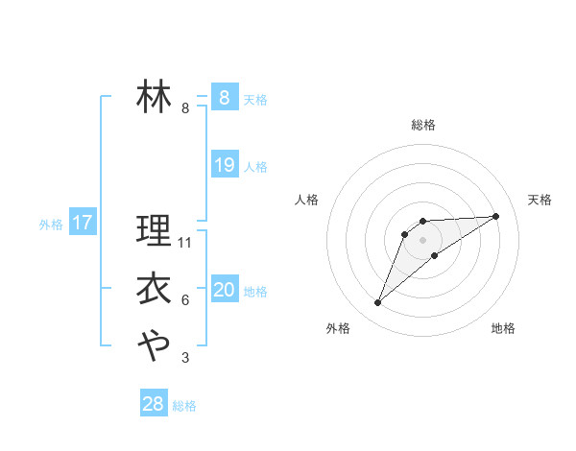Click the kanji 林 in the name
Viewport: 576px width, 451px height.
coord(154,96)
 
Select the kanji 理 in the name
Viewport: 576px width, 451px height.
coord(154,230)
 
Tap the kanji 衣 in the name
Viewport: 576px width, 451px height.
coord(154,288)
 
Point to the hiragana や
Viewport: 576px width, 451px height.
coord(154,344)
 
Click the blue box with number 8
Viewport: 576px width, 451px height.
coord(224,97)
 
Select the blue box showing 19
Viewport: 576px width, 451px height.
coord(224,165)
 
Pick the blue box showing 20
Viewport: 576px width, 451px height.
coord(224,290)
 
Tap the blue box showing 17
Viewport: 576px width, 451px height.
coord(82,224)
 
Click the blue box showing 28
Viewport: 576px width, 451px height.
coord(153,404)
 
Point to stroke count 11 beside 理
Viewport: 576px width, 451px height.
coord(186,242)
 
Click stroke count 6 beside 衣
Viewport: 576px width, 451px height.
coord(185,300)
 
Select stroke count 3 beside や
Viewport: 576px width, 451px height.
coord(185,358)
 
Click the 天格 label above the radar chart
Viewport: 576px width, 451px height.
coord(540,200)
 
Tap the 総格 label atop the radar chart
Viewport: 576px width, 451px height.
coord(422,125)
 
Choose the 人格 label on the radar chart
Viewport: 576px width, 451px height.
coord(307,200)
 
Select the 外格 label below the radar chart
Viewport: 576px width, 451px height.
coord(338,328)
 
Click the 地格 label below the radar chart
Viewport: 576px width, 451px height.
coord(503,328)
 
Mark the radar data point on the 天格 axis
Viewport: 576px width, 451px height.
coord(495,216)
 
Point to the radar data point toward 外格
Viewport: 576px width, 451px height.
coord(378,303)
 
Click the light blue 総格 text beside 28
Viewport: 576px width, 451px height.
coord(184,406)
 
